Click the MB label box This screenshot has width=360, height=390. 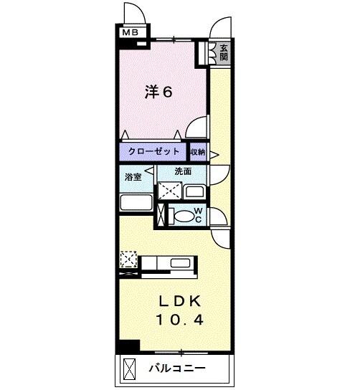[130, 32]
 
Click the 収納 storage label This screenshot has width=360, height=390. [198, 152]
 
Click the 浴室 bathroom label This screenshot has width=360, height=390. [132, 176]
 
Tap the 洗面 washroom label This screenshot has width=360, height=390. [184, 172]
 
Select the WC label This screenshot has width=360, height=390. [200, 216]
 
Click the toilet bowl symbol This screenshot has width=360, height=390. [185, 217]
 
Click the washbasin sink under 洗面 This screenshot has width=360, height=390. [194, 192]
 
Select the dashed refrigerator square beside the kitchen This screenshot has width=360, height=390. [129, 258]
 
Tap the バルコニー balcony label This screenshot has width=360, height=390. [177, 369]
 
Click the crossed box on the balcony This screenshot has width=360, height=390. [130, 369]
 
